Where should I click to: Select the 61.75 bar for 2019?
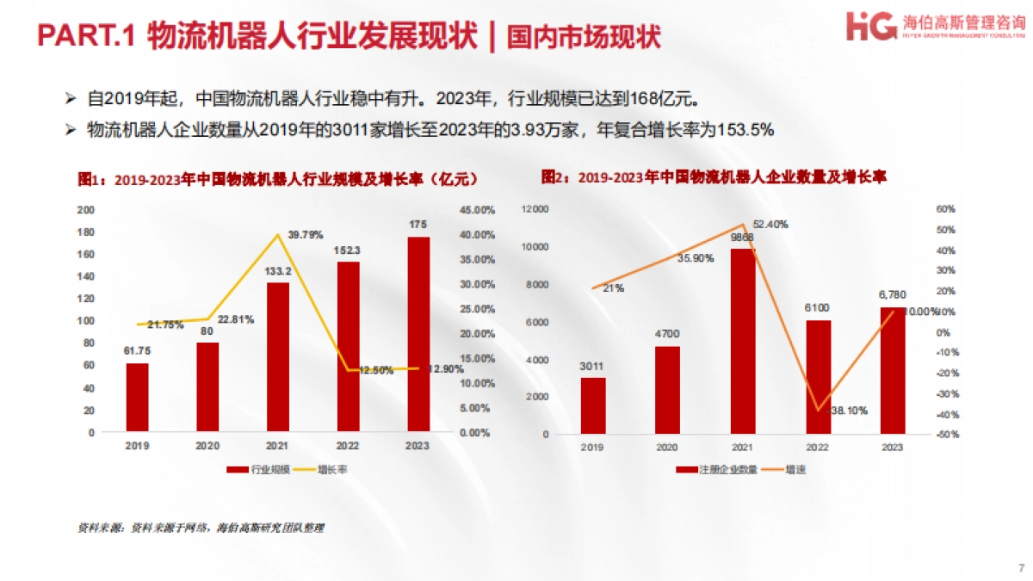coord(137,397)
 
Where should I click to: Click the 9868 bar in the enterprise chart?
coord(743,341)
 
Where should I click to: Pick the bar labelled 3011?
coord(593,405)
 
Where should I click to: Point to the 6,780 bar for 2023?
coord(893,370)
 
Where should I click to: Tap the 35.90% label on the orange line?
coord(695,258)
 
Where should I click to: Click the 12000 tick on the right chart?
coord(535,209)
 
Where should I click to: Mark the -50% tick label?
coord(947,435)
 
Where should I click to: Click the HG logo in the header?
coord(871,25)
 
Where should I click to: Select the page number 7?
coord(1021,568)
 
